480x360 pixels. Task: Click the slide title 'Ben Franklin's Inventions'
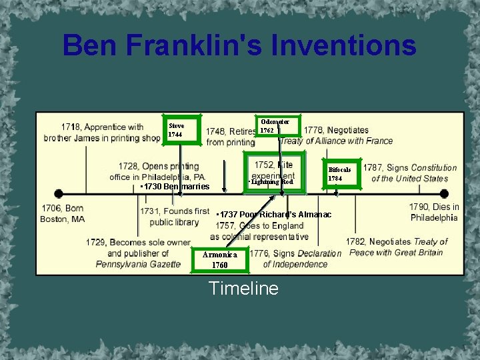click(x=239, y=46)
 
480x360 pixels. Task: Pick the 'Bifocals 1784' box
click(x=341, y=174)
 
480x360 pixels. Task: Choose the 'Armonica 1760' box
click(x=219, y=259)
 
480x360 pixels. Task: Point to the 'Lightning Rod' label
click(x=271, y=182)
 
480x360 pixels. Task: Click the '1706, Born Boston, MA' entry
click(x=63, y=213)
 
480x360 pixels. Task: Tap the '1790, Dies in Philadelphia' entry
click(x=434, y=212)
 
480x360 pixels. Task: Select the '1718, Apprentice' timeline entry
click(x=102, y=132)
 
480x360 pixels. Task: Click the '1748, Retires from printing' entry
click(x=230, y=137)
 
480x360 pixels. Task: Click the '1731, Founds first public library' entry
click(x=174, y=217)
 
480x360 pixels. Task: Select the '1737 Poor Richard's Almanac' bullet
click(x=274, y=215)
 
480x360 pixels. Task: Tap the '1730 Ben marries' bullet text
click(x=175, y=187)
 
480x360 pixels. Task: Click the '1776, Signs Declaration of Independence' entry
click(x=295, y=259)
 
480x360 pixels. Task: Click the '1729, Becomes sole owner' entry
click(x=138, y=253)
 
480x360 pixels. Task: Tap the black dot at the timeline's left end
click(x=59, y=194)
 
